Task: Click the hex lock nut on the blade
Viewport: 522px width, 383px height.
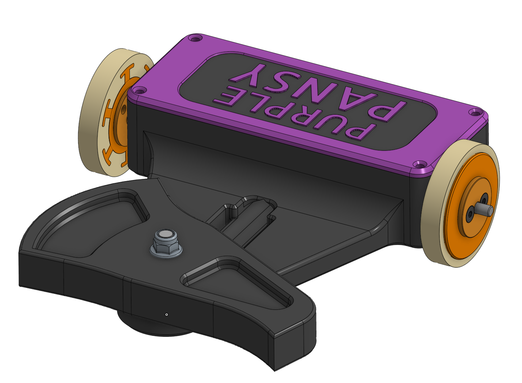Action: pos(166,244)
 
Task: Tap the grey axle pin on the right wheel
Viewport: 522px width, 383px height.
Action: pos(483,208)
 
